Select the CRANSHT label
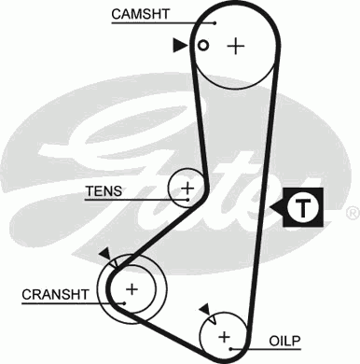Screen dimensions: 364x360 pyautogui.click(x=55, y=294)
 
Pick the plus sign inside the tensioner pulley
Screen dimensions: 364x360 pyautogui.click(x=187, y=189)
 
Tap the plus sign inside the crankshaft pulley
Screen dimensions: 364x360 pyautogui.click(x=132, y=288)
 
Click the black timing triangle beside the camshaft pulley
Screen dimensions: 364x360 pyautogui.click(x=178, y=44)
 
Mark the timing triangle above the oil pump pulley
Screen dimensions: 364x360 pyautogui.click(x=202, y=307)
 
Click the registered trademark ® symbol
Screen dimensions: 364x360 pyautogui.click(x=352, y=214)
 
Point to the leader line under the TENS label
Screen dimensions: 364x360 pyautogui.click(x=126, y=201)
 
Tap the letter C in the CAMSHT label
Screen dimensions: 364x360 pyautogui.click(x=117, y=14)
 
